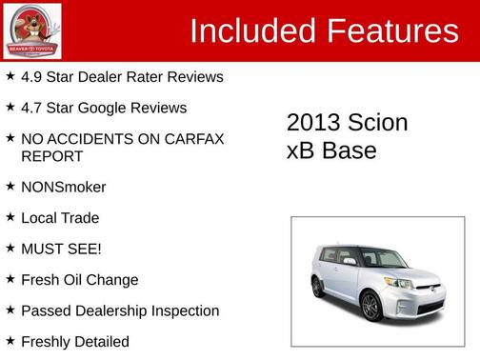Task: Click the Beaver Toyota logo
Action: pos(32,30)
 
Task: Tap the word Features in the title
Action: pos(392,31)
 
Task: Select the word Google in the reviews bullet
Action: pos(127,109)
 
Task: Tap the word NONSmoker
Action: pos(63,187)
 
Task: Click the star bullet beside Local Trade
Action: pos(10,217)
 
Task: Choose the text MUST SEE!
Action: pos(61,249)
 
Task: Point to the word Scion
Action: pos(376,123)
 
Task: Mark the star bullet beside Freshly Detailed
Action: pos(10,341)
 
